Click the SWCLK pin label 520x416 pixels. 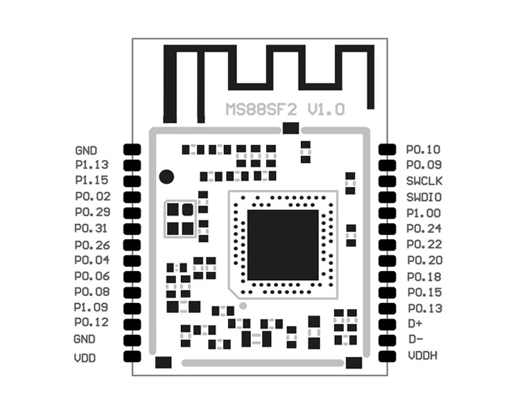(x=424, y=181)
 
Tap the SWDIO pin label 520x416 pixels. (x=424, y=197)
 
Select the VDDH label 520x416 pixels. (x=422, y=356)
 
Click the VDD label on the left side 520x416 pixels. (x=85, y=358)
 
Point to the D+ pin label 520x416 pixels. (x=415, y=324)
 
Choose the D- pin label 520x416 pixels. (x=415, y=339)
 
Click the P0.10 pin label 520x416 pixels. (x=423, y=149)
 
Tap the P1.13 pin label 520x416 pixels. (x=92, y=165)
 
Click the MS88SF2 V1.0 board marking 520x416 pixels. (x=284, y=110)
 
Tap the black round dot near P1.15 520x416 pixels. (x=166, y=176)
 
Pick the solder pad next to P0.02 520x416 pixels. (x=132, y=197)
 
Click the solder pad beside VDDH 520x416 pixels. (x=388, y=356)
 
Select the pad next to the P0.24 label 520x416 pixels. (x=388, y=229)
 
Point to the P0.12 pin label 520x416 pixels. (x=92, y=322)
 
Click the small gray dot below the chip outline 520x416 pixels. (x=243, y=305)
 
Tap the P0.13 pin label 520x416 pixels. (x=424, y=308)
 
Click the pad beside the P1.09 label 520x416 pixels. (x=132, y=307)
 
